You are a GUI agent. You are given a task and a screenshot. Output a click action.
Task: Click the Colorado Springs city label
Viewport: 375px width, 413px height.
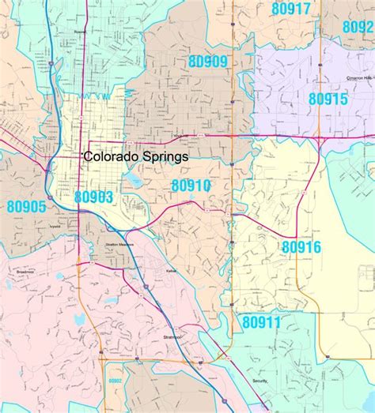coord(136,157)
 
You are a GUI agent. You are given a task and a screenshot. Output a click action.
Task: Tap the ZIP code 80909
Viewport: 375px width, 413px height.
coord(208,60)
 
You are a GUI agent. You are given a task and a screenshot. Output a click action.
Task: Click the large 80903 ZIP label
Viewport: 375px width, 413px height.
coord(94,197)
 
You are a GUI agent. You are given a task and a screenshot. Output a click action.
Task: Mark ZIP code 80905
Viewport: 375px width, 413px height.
coord(26,207)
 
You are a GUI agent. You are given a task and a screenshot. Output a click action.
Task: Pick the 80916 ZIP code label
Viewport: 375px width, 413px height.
coord(301,247)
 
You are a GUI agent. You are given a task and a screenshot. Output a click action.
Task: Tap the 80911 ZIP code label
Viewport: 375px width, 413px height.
coord(261,322)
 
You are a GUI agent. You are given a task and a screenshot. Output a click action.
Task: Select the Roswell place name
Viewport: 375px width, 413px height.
coord(79,32)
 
